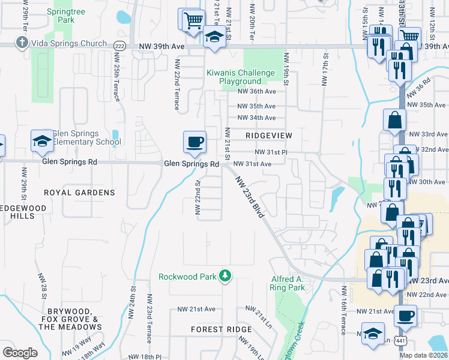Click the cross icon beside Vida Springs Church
tap(22, 43)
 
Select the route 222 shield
tap(119, 45)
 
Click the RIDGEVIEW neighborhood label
tap(269, 136)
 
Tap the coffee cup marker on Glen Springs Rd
tap(194, 143)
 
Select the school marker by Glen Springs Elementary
tap(42, 142)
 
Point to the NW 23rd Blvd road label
tap(250, 197)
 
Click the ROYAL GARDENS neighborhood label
tap(79, 193)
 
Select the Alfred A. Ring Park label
tap(288, 283)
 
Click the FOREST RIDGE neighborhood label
tap(221, 329)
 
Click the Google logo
tap(20, 352)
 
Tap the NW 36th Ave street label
tap(256, 92)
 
